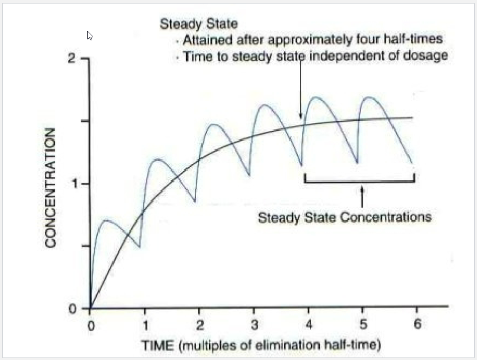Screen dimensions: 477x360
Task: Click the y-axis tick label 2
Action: tap(71, 58)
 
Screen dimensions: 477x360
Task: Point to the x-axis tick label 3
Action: tap(254, 325)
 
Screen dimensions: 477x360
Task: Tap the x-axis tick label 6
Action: tap(417, 324)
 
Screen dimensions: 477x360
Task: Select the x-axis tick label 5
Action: tap(363, 324)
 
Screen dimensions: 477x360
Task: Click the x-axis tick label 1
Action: tap(146, 326)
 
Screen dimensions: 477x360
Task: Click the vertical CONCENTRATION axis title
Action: tap(50, 188)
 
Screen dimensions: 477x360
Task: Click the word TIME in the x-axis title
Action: tap(158, 346)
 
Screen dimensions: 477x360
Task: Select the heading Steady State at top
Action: tap(199, 24)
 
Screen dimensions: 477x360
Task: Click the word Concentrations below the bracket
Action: tap(386, 217)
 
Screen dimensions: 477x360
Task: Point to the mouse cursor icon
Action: tap(90, 35)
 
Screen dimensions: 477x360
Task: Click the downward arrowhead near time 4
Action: tap(301, 116)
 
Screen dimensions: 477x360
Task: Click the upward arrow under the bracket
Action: tap(362, 197)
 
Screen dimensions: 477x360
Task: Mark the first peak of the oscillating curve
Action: tap(106, 220)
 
